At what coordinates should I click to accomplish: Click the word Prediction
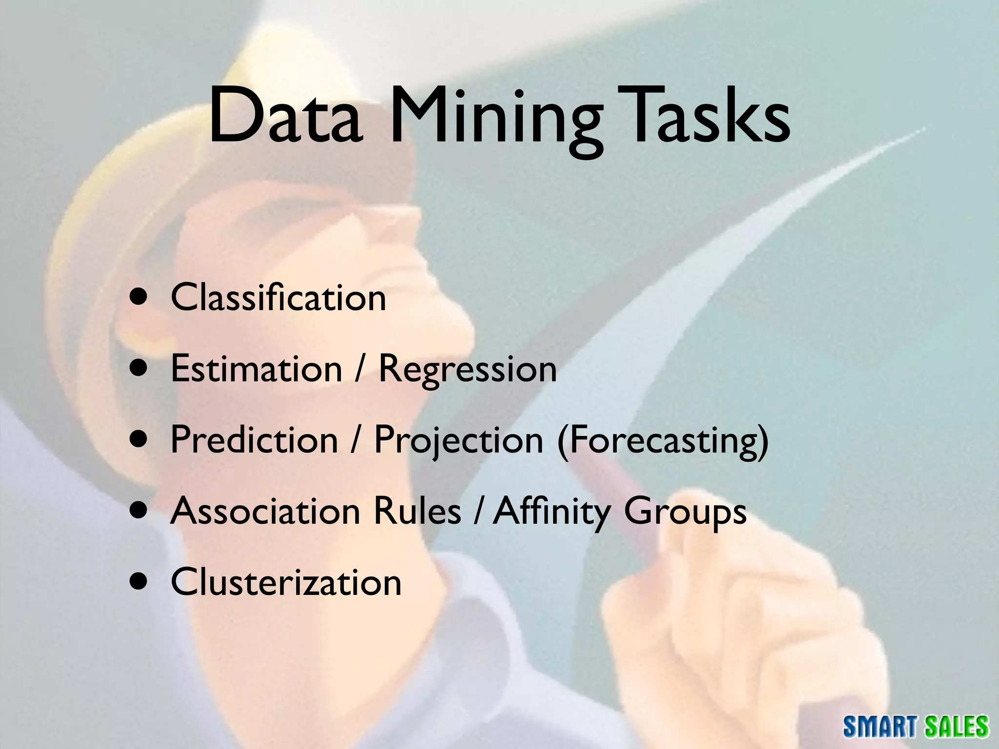254,439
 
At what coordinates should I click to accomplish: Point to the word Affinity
551,512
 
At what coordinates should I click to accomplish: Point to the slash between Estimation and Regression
360,369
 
